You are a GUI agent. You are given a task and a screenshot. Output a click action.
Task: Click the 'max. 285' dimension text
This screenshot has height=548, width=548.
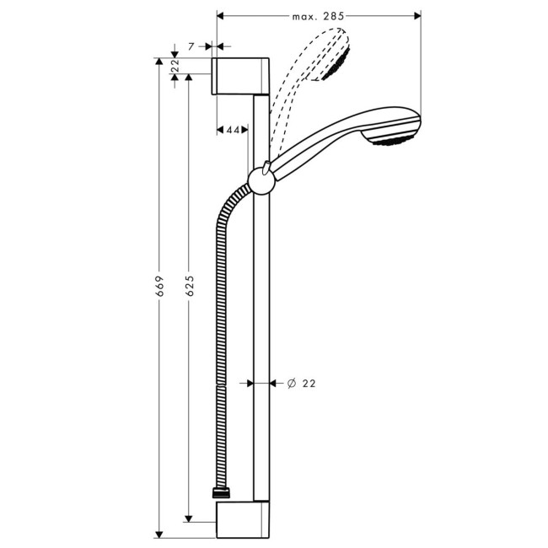[x=320, y=15]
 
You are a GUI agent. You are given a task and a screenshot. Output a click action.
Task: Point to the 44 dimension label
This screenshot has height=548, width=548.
[x=233, y=130]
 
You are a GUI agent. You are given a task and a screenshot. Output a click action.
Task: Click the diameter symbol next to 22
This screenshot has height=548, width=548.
[x=290, y=383]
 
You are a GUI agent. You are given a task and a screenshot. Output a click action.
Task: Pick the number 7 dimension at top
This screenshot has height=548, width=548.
[x=192, y=46]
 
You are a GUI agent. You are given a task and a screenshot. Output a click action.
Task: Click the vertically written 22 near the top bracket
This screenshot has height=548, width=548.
[x=175, y=65]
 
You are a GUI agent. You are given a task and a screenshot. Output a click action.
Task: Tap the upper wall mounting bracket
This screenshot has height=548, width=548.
[x=243, y=76]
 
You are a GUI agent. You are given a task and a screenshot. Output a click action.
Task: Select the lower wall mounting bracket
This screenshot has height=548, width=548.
[x=243, y=519]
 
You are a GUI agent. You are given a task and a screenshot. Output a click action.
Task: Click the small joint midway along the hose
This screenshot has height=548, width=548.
[x=220, y=383]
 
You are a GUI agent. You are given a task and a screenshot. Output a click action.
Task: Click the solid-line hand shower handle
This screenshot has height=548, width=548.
[x=316, y=148]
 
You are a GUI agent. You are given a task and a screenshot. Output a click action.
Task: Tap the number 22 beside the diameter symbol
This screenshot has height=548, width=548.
[x=308, y=383]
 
